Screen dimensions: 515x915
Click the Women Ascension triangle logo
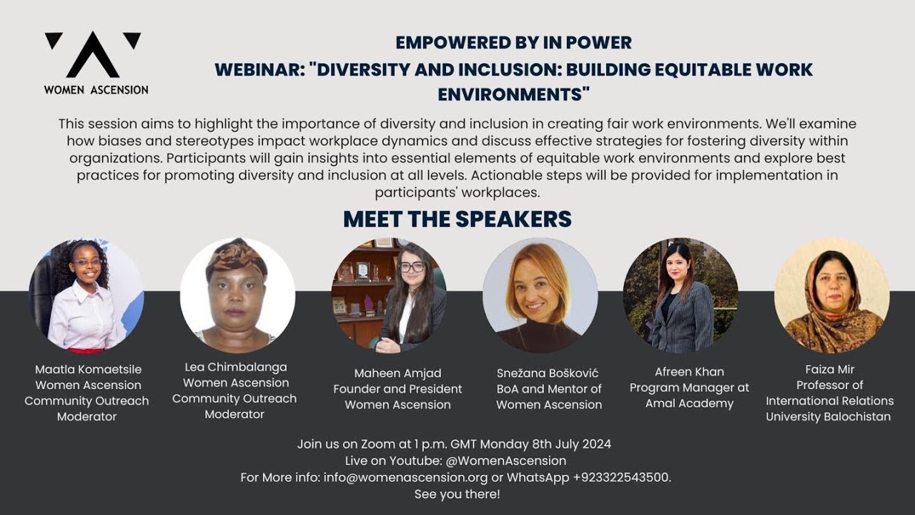(x=93, y=55)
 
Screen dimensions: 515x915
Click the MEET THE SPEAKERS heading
(x=457, y=219)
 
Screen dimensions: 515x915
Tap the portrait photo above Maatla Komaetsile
(x=86, y=295)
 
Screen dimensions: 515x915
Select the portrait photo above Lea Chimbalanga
(x=237, y=295)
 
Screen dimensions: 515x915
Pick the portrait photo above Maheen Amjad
(x=389, y=295)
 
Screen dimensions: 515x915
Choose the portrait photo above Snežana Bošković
(x=540, y=295)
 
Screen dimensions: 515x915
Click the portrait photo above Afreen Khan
(x=681, y=295)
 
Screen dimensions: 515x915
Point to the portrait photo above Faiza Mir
(x=832, y=295)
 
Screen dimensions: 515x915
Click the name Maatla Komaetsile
(x=89, y=370)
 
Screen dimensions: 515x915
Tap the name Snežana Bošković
(x=548, y=373)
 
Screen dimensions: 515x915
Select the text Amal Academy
(x=690, y=403)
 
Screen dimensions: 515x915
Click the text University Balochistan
(x=829, y=416)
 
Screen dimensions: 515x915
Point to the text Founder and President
(x=397, y=389)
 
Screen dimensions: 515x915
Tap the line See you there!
(x=457, y=494)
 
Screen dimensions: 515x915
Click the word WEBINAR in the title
(x=259, y=70)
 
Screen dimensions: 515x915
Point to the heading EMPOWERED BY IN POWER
(x=513, y=43)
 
